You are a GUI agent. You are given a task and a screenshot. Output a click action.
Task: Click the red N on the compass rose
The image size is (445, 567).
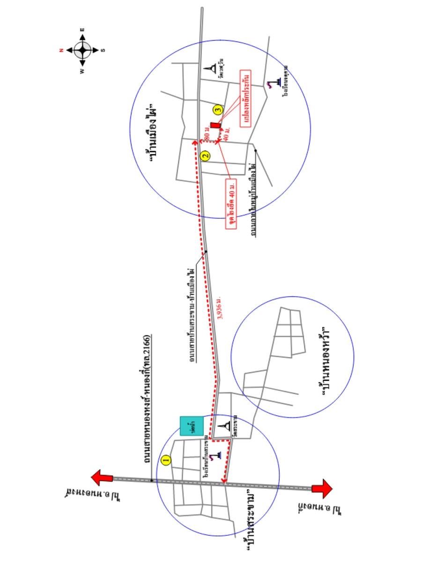point(61,50)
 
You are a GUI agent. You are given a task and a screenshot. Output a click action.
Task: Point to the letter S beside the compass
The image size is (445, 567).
point(103,50)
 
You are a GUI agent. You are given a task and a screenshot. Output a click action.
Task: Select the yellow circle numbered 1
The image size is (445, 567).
point(165,460)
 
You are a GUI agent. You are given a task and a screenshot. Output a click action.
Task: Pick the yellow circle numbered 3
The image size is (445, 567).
point(217,111)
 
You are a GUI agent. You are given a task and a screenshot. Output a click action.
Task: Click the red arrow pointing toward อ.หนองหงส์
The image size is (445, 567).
point(102,478)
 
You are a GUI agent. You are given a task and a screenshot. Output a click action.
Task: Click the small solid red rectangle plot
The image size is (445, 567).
point(215,125)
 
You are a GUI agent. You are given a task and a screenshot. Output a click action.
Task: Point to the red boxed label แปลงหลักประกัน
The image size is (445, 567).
point(245,98)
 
